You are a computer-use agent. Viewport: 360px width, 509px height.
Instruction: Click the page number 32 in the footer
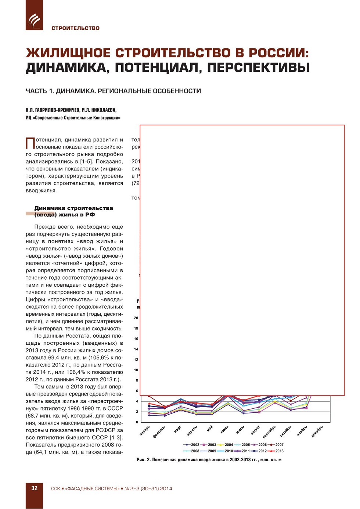(34, 488)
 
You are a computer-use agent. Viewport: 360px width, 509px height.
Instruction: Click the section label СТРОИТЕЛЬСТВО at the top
(75, 28)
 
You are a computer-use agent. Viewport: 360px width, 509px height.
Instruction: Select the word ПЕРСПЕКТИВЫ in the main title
(259, 68)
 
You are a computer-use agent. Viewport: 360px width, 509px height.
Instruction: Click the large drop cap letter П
(30, 143)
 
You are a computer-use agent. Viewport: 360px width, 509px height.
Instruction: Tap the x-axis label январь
(145, 431)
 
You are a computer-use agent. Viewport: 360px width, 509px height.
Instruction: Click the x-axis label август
(255, 430)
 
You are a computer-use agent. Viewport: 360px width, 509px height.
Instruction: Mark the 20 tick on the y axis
(136, 318)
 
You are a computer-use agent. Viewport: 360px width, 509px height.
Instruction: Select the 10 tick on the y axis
(136, 370)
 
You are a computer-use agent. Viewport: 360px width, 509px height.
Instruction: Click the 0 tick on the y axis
(137, 422)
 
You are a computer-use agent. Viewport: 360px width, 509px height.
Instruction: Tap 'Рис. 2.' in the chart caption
(144, 460)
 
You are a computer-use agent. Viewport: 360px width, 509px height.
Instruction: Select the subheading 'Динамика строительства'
(73, 208)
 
